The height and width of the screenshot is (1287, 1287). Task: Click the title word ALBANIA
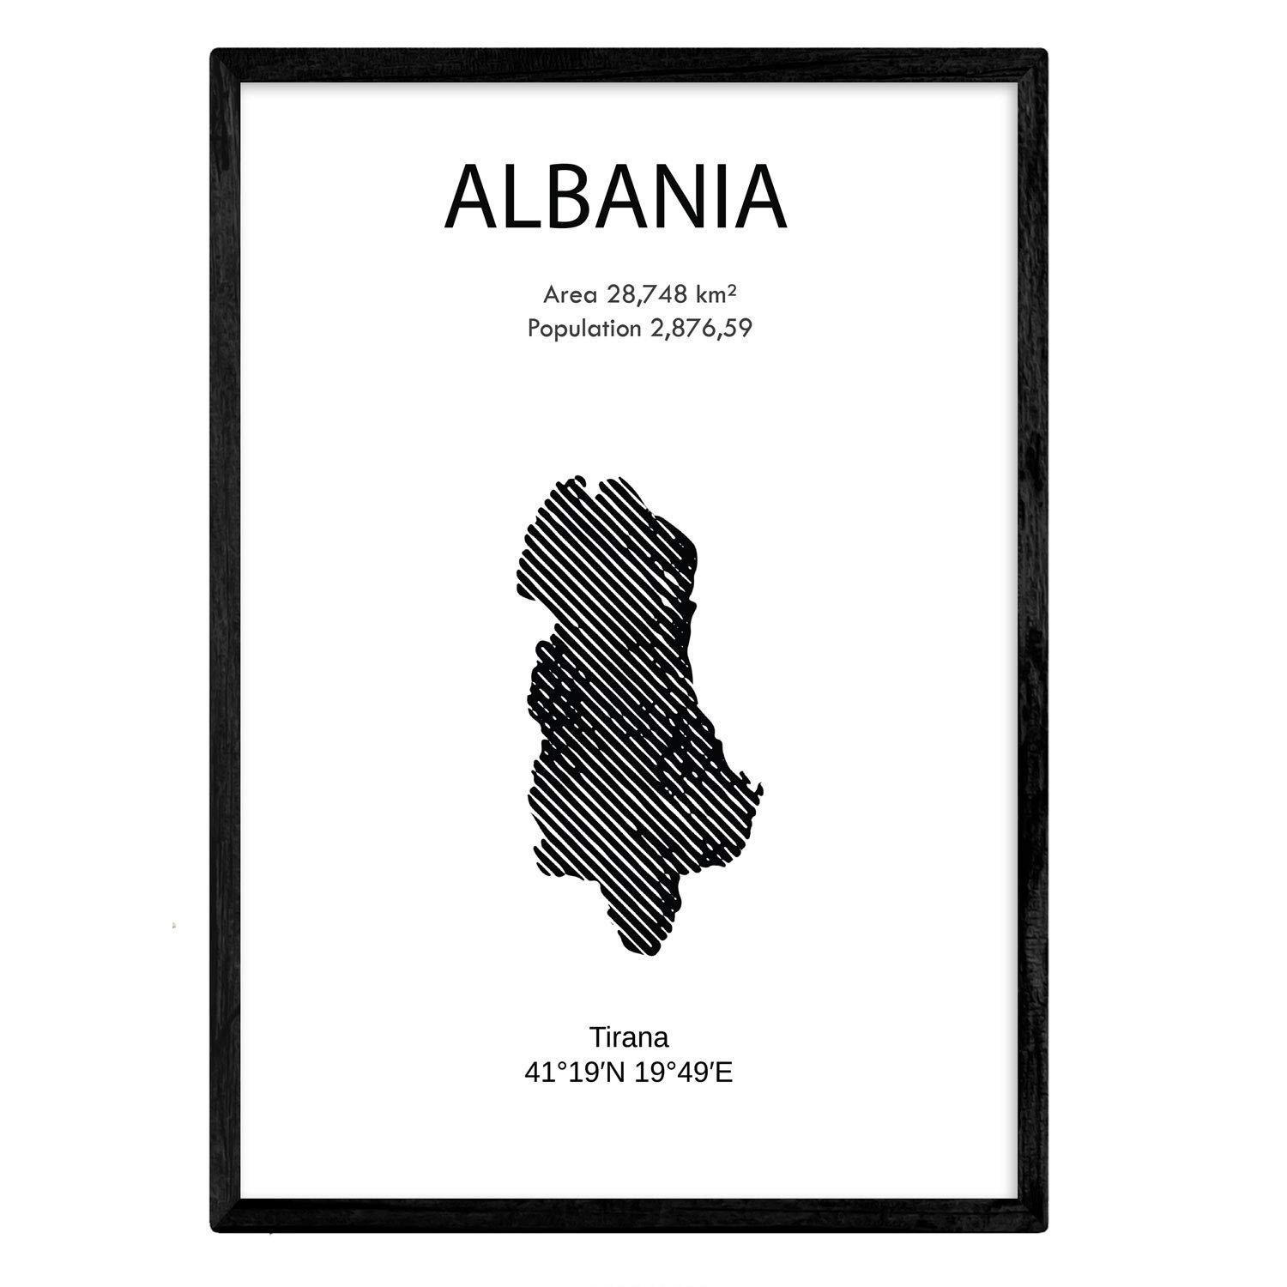click(615, 199)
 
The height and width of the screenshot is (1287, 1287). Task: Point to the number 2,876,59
click(698, 329)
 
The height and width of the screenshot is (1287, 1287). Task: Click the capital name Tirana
click(629, 1037)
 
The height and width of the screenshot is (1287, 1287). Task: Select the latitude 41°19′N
click(573, 1072)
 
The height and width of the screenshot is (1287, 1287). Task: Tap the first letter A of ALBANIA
click(470, 199)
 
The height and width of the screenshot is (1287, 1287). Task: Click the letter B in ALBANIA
click(569, 199)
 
